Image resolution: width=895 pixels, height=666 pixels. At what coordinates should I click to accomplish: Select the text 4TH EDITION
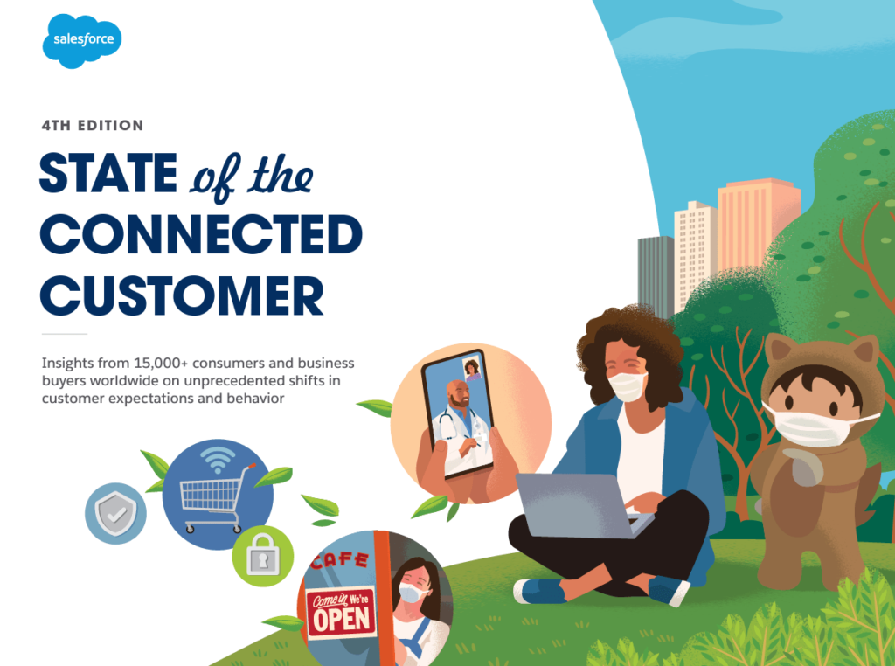pos(93,126)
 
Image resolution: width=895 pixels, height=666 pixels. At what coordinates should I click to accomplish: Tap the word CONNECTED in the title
pos(201,235)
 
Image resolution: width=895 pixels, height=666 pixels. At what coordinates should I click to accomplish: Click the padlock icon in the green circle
pos(262,556)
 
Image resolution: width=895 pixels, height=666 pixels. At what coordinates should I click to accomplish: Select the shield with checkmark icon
pos(115,513)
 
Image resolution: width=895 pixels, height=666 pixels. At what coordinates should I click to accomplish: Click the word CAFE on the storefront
pos(339,559)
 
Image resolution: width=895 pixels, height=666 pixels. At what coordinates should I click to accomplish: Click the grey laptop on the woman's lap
pos(572,506)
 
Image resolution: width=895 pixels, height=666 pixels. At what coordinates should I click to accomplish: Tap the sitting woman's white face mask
pos(627,385)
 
